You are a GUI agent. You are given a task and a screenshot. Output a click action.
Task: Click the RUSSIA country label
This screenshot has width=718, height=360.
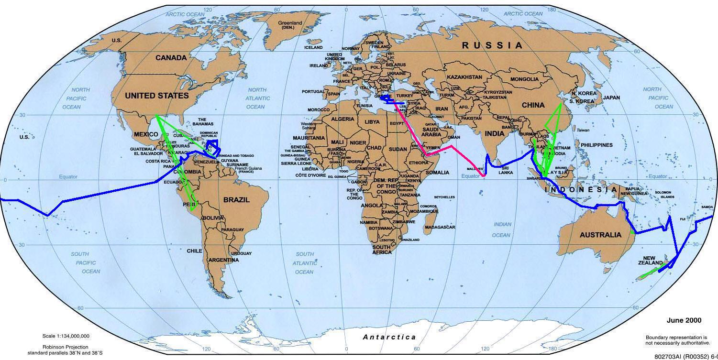click(492, 45)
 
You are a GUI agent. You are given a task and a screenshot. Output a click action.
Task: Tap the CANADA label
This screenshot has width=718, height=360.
click(171, 58)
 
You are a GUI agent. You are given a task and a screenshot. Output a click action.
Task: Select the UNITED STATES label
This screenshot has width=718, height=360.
click(157, 96)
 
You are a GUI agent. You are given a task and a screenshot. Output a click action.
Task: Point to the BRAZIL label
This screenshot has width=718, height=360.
click(236, 200)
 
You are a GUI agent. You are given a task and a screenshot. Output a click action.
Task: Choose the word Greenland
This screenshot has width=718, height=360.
click(290, 22)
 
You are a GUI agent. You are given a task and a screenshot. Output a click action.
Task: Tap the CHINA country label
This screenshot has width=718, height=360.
click(533, 105)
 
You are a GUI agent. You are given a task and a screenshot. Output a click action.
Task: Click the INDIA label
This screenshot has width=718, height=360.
click(495, 133)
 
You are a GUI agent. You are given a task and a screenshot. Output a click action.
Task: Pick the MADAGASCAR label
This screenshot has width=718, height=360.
click(440, 227)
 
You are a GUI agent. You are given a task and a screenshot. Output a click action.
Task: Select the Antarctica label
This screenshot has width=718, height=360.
click(389, 337)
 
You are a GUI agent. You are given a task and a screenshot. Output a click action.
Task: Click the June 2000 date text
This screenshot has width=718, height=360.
click(684, 320)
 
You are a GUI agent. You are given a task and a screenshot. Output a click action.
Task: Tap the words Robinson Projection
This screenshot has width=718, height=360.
click(65, 347)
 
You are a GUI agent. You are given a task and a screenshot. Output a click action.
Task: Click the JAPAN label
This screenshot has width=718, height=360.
click(611, 98)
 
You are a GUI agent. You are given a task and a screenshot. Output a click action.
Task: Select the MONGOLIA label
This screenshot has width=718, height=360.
click(524, 79)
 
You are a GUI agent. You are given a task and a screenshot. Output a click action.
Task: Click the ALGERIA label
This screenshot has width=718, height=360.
click(343, 119)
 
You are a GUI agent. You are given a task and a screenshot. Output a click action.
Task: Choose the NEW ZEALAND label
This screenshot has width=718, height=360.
click(650, 261)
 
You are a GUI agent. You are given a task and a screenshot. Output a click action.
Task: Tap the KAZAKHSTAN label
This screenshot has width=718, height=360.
click(464, 77)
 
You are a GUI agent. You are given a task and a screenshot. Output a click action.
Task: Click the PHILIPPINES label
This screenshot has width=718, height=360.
click(596, 145)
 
